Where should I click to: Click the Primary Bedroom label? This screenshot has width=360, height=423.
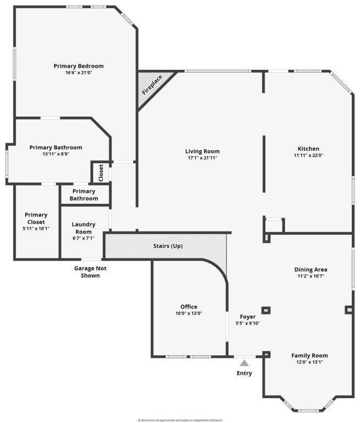78,66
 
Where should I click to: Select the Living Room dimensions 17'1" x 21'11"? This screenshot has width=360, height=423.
202,159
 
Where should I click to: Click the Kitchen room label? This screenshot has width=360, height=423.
308,149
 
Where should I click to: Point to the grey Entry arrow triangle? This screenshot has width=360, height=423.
244,362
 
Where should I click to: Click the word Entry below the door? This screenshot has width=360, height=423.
244,373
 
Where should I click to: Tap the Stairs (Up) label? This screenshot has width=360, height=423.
168,246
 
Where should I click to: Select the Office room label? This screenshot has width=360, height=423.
189,307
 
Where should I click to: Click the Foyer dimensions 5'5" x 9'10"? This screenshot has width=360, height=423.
247,324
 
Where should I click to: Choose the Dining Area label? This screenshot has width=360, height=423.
310,269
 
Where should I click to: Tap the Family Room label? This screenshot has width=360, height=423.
309,356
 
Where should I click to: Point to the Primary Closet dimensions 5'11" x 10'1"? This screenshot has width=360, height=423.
36,228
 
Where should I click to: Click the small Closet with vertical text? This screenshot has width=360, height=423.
101,173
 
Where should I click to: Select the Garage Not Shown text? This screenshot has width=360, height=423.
90,272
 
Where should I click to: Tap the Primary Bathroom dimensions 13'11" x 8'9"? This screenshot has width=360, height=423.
56,154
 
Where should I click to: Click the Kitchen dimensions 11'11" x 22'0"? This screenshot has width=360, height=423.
308,156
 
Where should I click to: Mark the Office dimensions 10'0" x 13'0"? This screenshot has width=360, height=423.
189,314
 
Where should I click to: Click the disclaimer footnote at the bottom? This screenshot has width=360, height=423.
180,420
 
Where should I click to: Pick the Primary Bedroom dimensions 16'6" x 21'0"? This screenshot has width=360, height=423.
78,73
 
